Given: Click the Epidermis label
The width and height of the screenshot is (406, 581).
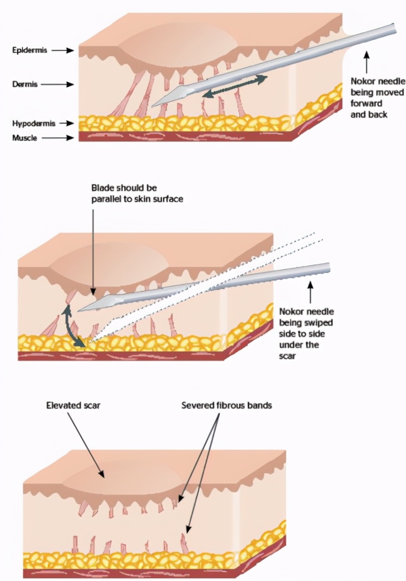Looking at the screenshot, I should pos(29,50).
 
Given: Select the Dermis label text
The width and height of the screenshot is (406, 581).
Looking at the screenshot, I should pos(25,85).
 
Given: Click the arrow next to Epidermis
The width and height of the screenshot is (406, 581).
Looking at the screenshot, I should pos(63,50).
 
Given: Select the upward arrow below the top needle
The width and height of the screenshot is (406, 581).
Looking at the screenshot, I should pos(366,61).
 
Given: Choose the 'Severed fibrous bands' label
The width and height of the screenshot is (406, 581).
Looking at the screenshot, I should pos(227,405).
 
